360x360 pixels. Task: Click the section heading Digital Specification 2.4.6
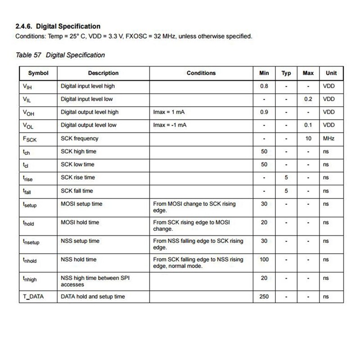coord(58,27)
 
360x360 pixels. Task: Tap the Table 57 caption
coord(60,55)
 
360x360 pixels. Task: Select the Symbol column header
coord(38,73)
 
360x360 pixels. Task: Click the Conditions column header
coord(201,73)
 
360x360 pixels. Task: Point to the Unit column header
coord(331,73)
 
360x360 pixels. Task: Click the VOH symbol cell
coord(28,112)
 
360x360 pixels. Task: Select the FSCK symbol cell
coord(30,139)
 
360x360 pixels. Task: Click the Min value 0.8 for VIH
coord(264,86)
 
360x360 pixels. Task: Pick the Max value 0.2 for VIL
coord(308,99)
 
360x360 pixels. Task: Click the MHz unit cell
coord(329,139)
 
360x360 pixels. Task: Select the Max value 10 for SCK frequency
coord(308,139)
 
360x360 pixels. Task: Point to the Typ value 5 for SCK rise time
coord(286,178)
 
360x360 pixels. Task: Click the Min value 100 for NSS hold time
coord(264,260)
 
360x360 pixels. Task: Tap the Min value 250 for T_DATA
coord(264,297)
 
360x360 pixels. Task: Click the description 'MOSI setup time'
coord(81,204)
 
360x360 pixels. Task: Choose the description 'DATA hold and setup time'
coord(93,297)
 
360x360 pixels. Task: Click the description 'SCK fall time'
coord(77,191)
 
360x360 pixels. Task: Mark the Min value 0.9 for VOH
coord(264,112)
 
